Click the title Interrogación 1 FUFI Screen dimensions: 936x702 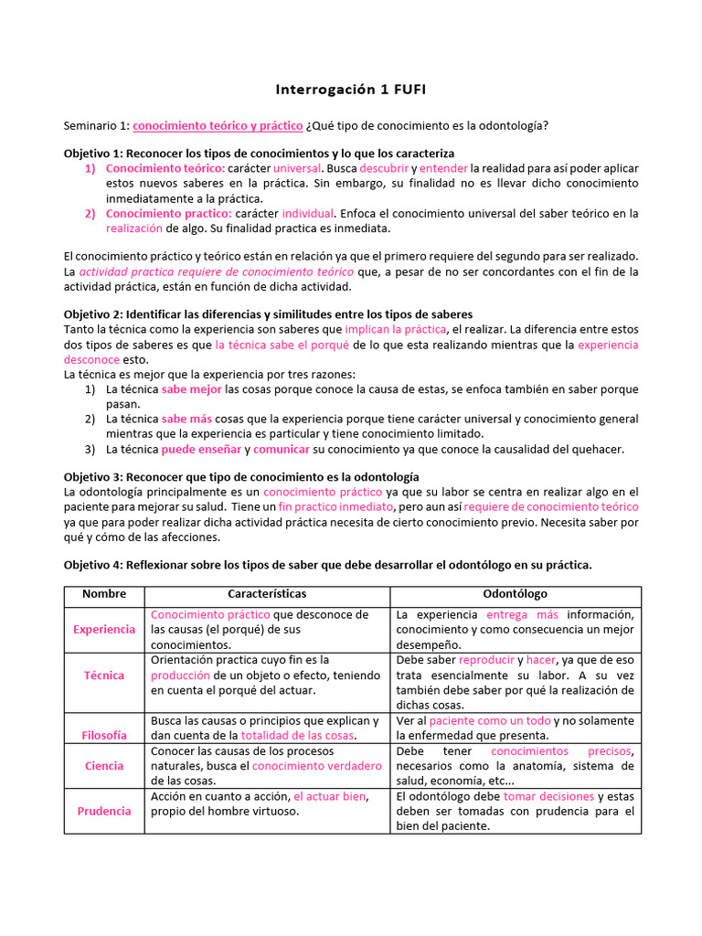[351, 90]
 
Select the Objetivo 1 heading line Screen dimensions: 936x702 [259, 153]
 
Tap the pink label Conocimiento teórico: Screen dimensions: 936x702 [165, 168]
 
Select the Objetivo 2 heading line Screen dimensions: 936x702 [268, 314]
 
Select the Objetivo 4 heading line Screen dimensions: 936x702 [327, 565]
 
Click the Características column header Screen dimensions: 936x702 [267, 594]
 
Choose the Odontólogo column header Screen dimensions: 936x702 [515, 594]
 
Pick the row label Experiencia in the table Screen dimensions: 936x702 [104, 629]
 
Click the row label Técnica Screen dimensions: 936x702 [104, 675]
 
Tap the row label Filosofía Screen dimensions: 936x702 [104, 735]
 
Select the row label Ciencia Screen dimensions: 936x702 [104, 766]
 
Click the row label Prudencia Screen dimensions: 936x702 [104, 811]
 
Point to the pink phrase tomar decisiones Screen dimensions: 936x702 [548, 796]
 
